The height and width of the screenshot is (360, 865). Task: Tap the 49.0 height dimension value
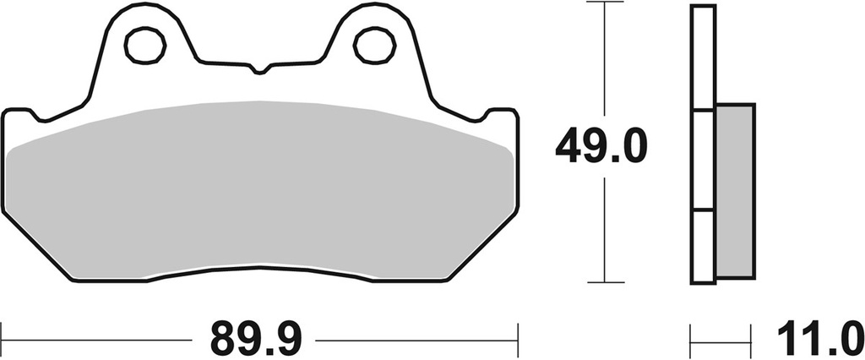pyautogui.click(x=601, y=148)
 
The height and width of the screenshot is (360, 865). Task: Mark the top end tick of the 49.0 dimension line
pyautogui.click(x=602, y=3)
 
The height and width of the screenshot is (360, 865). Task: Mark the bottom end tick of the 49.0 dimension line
pyautogui.click(x=602, y=282)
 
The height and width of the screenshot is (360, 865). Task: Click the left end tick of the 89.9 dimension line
pyautogui.click(x=2, y=341)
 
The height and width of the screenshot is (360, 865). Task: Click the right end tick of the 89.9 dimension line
pyautogui.click(x=516, y=341)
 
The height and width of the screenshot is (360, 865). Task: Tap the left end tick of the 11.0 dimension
pyautogui.click(x=692, y=341)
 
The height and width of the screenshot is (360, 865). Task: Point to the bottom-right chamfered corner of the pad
pyautogui.click(x=481, y=254)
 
